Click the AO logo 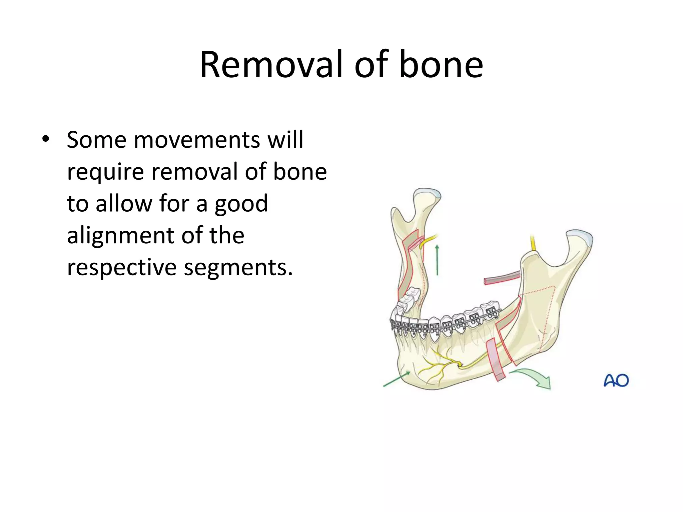point(616,380)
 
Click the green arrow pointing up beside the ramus point(437,260)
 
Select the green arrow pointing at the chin point(397,379)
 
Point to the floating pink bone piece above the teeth point(502,278)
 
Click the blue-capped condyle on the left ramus point(427,193)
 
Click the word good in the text point(241,203)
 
